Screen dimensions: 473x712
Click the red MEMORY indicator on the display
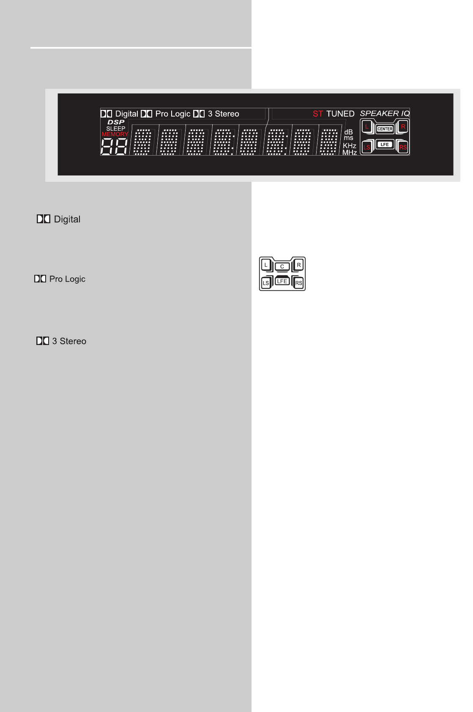pos(115,134)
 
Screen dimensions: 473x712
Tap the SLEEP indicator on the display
pos(116,129)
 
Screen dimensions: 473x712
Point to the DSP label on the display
pos(116,122)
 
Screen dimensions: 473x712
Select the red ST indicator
pos(318,114)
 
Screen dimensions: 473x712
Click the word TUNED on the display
pos(340,114)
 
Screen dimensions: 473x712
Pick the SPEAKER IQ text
pos(385,113)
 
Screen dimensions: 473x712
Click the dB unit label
pos(348,132)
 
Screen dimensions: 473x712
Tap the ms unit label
pos(348,138)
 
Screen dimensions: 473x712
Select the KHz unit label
pos(350,145)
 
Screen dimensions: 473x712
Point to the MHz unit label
pos(350,152)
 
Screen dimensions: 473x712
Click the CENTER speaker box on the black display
pos(385,129)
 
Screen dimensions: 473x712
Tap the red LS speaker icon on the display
pos(367,147)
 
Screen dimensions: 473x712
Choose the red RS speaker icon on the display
pos(403,147)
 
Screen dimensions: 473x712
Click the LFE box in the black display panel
pos(385,145)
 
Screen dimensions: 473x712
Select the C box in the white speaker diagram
pos(282,266)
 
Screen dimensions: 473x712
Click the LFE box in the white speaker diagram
pos(282,281)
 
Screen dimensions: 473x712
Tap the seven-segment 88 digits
pos(114,147)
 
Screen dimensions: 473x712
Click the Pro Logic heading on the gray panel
pos(67,279)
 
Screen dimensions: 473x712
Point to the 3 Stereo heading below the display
pos(69,341)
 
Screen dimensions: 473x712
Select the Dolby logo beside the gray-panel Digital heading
pos(44,219)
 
